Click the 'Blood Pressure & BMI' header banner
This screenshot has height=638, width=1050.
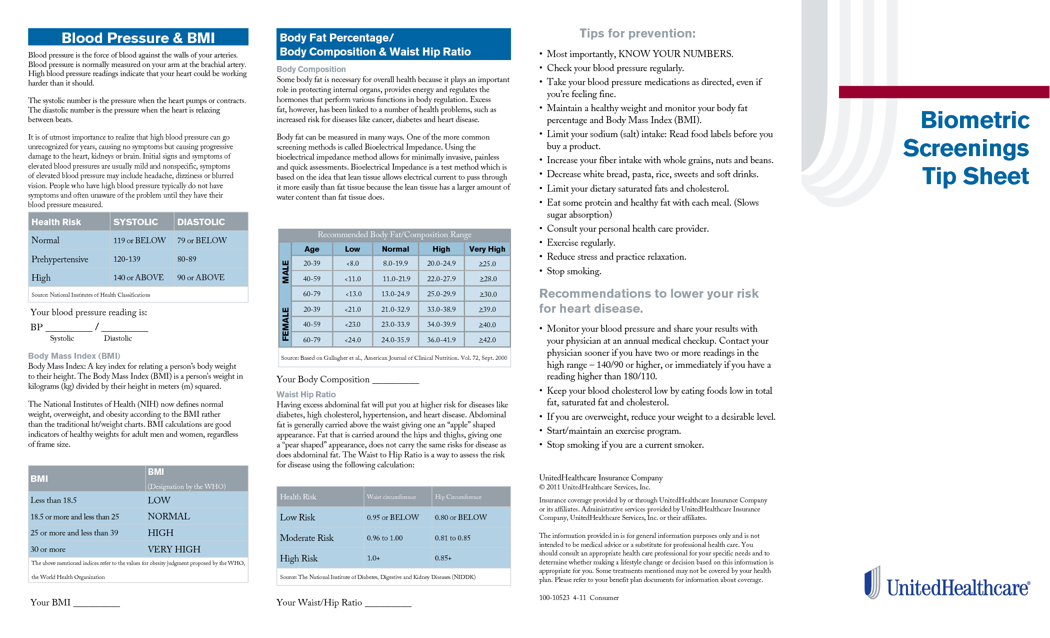click(x=138, y=38)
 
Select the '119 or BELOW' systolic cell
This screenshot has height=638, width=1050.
click(x=139, y=241)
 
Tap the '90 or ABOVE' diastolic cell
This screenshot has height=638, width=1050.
click(x=201, y=278)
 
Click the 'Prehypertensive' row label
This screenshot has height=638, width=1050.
click(x=60, y=259)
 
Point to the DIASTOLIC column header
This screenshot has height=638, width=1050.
click(x=201, y=222)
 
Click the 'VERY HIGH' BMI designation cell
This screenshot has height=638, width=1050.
click(x=174, y=549)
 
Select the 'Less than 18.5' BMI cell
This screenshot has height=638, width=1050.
click(x=54, y=500)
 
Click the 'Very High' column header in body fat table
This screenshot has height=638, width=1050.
click(x=487, y=249)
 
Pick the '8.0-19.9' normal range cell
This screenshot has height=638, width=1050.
click(x=395, y=264)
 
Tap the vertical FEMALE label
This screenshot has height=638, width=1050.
click(x=285, y=324)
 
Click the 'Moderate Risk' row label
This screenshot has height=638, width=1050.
click(x=306, y=538)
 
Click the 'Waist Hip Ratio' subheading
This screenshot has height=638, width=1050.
click(x=306, y=394)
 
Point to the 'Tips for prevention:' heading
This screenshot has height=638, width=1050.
click(x=637, y=34)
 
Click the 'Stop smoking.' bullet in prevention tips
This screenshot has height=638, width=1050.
click(x=574, y=271)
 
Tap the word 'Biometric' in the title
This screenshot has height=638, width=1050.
click(x=975, y=120)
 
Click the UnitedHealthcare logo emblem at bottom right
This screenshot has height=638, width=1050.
click(x=872, y=582)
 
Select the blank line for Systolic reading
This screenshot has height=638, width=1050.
click(x=69, y=329)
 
